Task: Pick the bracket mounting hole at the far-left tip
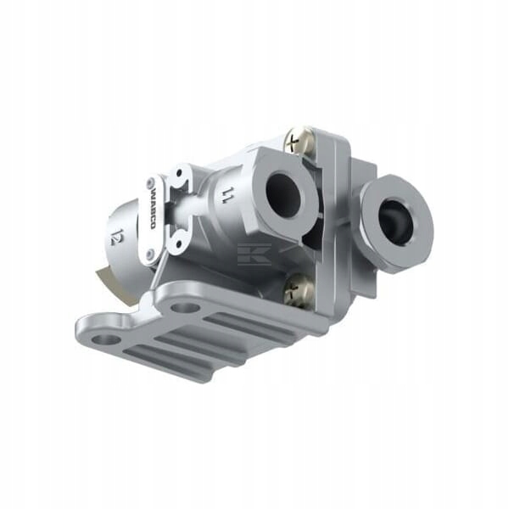104,339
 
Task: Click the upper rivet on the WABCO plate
152,184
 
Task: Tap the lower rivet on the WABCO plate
150,253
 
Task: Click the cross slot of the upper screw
296,140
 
